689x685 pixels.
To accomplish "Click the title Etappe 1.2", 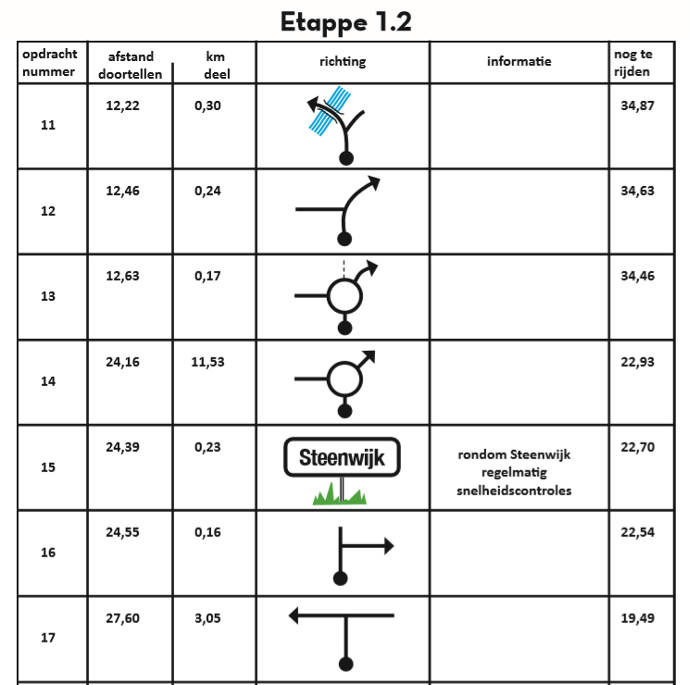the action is tap(345, 22).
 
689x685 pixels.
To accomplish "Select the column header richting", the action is tap(343, 61).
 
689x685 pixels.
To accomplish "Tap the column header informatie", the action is tap(519, 61).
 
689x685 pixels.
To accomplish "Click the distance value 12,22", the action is tap(122, 106).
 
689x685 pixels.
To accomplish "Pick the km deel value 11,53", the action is tap(207, 362).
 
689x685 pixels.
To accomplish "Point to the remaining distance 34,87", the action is tap(637, 106).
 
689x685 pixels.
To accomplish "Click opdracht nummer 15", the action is tap(48, 467).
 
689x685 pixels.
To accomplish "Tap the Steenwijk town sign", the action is tap(342, 457).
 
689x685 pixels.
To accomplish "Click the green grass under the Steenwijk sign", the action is tap(340, 494).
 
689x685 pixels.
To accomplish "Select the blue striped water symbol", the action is tap(330, 111).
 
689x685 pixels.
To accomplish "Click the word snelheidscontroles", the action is tap(514, 491).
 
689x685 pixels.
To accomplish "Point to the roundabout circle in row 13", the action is tap(344, 280).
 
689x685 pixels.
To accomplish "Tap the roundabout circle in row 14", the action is tap(344, 362).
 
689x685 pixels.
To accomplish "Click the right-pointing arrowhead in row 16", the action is tap(389, 546).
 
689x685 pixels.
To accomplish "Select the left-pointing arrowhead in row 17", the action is tap(294, 616).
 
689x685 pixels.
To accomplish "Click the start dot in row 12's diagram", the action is tap(344, 240).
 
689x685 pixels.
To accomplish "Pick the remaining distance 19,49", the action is tap(637, 618).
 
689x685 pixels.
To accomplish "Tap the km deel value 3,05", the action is tap(207, 618).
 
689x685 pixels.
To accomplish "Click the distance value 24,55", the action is tap(122, 532).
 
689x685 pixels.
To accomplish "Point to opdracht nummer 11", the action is tap(48, 125).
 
